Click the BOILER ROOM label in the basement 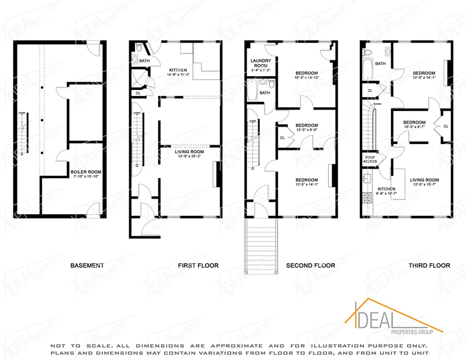coord(86,172)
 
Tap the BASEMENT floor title coord(87,265)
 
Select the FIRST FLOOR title coord(198,265)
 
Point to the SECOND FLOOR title coord(311,265)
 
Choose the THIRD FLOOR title coord(429,265)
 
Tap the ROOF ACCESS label coord(370,159)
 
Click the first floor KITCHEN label coord(178,70)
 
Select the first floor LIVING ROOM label coord(190,152)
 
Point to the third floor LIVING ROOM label coord(424,180)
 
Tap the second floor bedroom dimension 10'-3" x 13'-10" coord(307,78)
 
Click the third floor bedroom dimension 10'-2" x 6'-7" coord(414,127)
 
